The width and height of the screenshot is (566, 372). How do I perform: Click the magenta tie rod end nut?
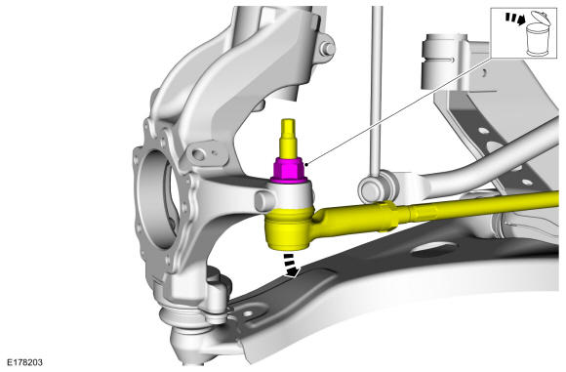[289, 170]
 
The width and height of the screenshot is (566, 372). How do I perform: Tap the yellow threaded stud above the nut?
[289, 139]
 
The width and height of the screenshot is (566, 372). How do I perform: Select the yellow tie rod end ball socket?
[290, 228]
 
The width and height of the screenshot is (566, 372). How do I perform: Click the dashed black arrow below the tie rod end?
[292, 266]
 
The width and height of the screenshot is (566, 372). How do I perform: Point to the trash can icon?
[537, 40]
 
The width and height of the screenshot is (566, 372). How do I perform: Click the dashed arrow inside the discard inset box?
[515, 19]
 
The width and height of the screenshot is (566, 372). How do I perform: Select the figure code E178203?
[24, 362]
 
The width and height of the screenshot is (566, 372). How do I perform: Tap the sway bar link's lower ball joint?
[372, 187]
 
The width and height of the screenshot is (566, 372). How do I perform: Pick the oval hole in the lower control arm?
[433, 250]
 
